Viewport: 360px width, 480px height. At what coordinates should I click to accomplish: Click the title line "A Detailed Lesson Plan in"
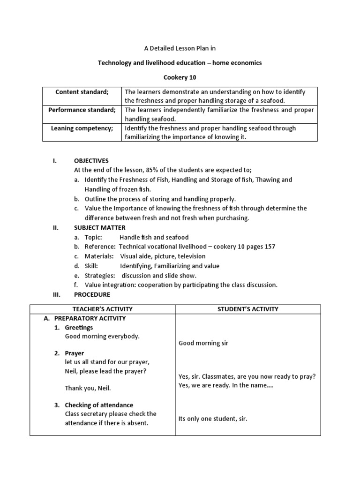point(180,48)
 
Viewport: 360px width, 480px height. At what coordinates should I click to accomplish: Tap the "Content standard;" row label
point(82,92)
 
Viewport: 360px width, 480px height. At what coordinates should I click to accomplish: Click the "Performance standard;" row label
point(82,110)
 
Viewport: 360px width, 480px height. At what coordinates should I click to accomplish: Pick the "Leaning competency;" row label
point(82,128)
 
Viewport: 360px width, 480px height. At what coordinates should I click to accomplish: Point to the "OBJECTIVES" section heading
point(91,160)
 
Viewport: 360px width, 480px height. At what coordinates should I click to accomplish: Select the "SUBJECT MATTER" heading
point(100,228)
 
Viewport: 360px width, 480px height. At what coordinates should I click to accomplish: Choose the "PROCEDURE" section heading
point(92,294)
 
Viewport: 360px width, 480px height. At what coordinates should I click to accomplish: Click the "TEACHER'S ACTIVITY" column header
point(103,309)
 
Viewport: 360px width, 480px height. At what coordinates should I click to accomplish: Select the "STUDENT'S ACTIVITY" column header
point(248,309)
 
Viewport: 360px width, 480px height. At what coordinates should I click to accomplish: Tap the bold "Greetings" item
point(79,327)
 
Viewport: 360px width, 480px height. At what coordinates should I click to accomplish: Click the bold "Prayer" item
point(75,353)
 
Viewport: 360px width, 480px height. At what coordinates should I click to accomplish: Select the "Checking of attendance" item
point(99,405)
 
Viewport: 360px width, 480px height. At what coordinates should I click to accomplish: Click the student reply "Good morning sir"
point(203,343)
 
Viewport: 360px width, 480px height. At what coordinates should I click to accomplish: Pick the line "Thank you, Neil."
point(88,388)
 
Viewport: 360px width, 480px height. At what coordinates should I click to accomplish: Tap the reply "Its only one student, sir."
point(213,419)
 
